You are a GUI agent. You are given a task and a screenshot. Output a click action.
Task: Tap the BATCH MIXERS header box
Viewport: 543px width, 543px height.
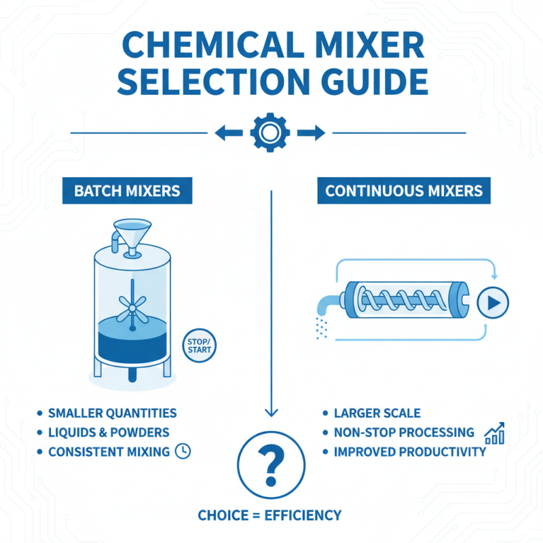(x=127, y=190)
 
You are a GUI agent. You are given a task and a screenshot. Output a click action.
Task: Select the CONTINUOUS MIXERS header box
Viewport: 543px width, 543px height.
(x=404, y=190)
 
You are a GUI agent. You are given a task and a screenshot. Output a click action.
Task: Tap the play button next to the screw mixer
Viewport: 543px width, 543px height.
(x=492, y=303)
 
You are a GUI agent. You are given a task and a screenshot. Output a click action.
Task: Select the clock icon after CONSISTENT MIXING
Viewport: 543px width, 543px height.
(x=182, y=451)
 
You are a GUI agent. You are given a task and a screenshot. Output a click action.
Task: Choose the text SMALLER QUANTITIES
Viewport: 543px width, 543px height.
(x=112, y=413)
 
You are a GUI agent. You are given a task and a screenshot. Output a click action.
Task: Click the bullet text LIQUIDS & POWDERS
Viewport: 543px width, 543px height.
(x=109, y=432)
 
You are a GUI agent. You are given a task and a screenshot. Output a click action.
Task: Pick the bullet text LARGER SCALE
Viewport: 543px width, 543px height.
(x=377, y=413)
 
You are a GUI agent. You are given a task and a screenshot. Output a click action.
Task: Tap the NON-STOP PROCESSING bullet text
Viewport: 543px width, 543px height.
(x=404, y=432)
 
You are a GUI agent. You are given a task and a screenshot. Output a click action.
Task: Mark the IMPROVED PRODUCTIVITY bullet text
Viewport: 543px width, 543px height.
(x=410, y=451)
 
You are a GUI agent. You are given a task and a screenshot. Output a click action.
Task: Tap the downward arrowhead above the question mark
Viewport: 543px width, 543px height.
(x=271, y=413)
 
